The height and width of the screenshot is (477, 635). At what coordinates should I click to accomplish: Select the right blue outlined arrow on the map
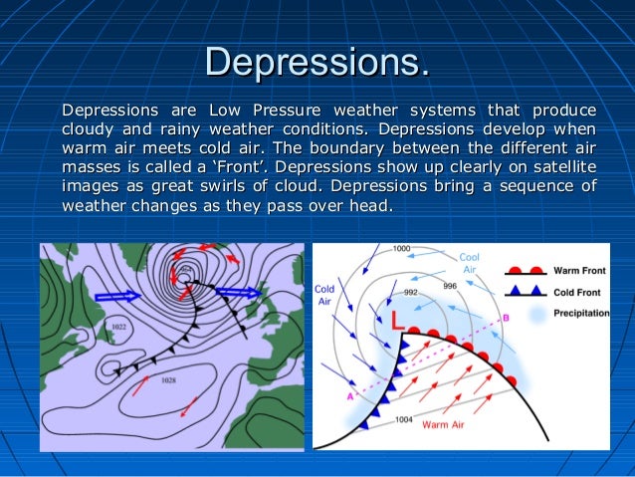coord(238,293)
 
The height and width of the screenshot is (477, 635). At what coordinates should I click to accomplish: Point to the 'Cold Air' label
coord(325,294)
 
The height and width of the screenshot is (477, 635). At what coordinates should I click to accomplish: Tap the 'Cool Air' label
coord(469,263)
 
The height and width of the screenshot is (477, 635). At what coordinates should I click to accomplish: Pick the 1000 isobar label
coord(401,248)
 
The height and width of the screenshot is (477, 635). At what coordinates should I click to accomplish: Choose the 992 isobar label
coord(411,293)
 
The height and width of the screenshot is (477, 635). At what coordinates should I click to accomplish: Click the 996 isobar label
coord(450,286)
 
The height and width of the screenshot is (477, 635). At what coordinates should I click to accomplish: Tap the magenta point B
coord(505,318)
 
